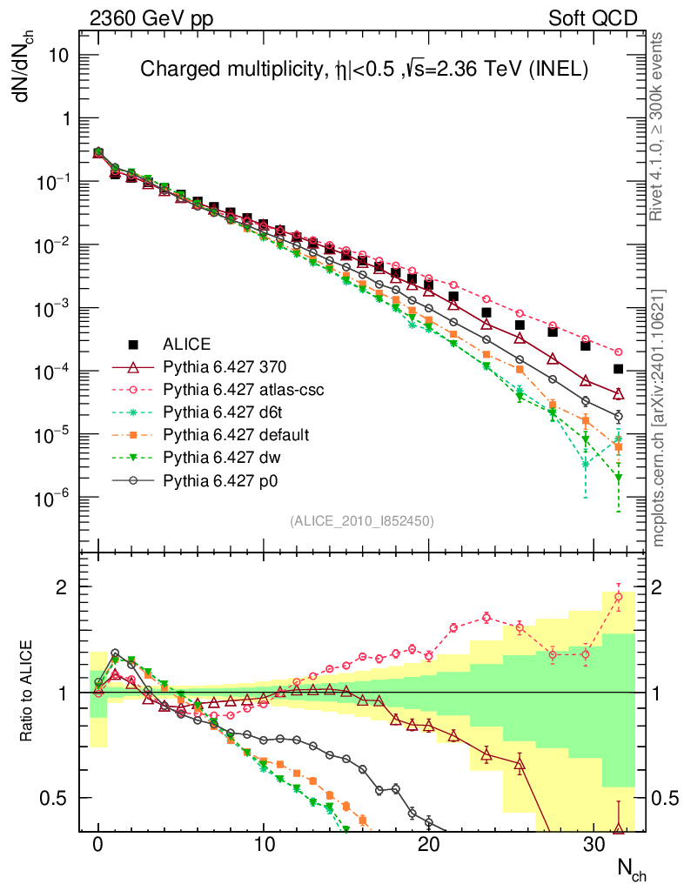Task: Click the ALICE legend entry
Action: (187, 344)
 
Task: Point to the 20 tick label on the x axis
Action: (427, 844)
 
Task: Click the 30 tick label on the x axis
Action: (593, 844)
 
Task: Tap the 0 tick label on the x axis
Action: (98, 844)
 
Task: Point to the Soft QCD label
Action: (593, 17)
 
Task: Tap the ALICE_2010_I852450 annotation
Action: (361, 520)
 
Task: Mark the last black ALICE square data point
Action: (618, 369)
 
